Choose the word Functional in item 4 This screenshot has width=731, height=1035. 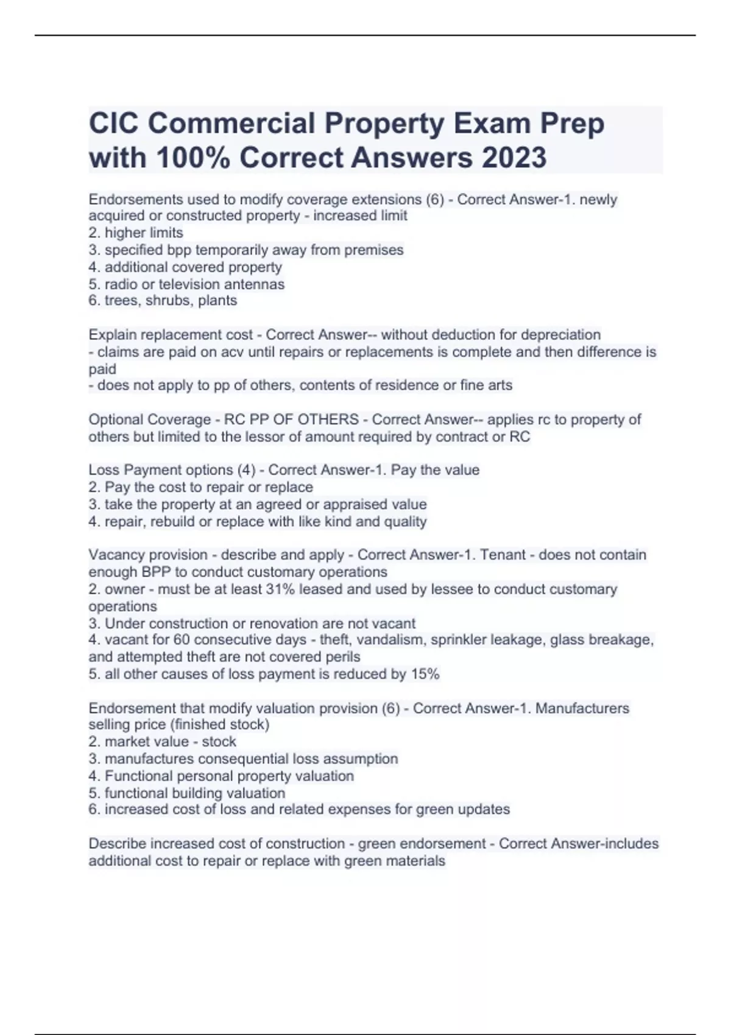[136, 776]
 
